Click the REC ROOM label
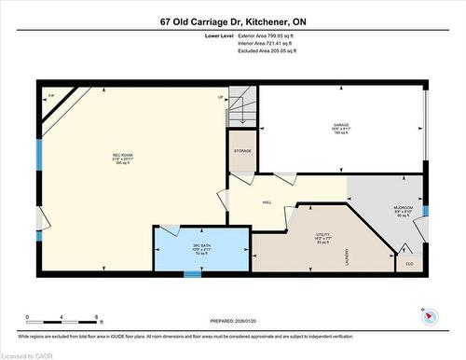(122, 155)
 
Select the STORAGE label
(242, 150)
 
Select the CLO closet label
(409, 264)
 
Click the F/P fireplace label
(51, 96)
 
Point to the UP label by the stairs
(220, 97)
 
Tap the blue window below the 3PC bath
(193, 274)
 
